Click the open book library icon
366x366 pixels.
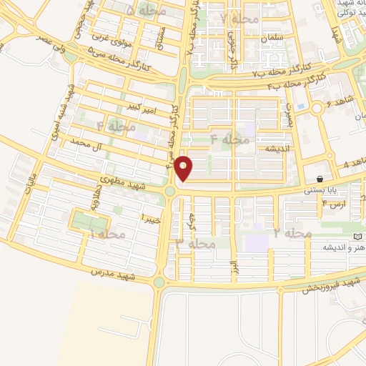tap(358, 237)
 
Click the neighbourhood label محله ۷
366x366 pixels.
tap(239, 17)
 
